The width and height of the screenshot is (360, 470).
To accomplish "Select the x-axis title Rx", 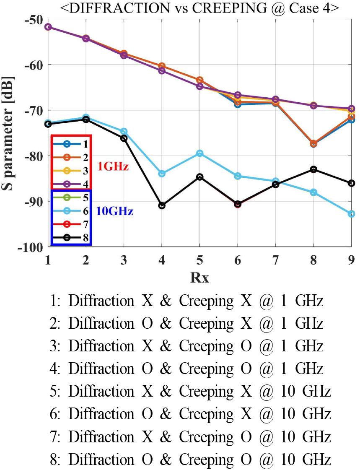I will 200,278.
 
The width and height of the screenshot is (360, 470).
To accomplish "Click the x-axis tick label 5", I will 200,261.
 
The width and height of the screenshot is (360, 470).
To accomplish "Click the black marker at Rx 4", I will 162,205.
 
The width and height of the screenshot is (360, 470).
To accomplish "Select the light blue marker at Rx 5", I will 200,153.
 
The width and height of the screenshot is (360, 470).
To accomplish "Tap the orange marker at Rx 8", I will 313,143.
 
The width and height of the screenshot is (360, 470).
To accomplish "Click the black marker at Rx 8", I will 313,169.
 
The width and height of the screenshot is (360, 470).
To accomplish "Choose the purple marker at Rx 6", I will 238,95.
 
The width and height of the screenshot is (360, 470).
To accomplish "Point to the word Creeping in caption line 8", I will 206,460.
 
